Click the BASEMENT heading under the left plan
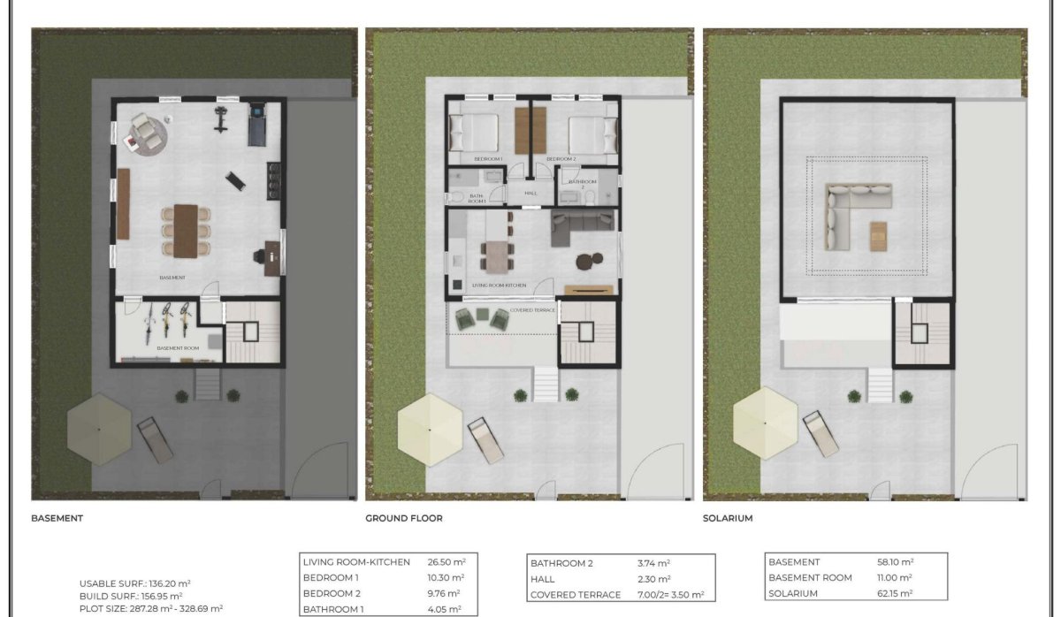(57, 519)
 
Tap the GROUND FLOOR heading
(403, 519)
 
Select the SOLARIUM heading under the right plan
(728, 519)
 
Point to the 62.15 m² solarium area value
(894, 593)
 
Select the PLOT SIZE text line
(150, 608)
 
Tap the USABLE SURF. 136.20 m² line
(134, 583)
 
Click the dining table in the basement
(187, 231)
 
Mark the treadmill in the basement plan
(257, 124)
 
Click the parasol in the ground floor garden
(430, 430)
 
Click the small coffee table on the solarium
(878, 236)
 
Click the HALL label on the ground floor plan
(530, 193)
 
